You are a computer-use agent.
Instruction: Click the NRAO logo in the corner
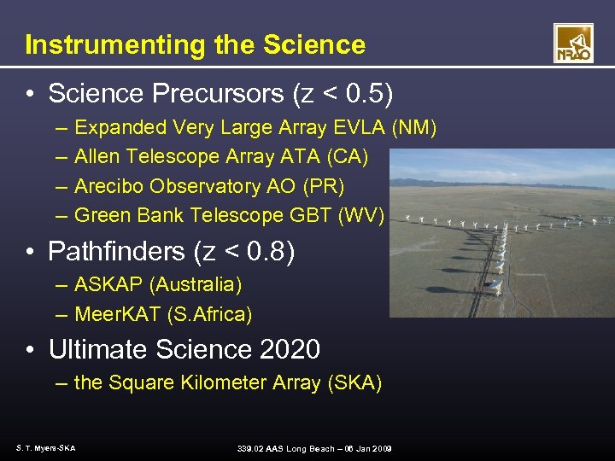click(x=572, y=43)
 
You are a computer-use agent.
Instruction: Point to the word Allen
click(x=97, y=157)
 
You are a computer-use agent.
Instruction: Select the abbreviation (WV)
click(x=362, y=215)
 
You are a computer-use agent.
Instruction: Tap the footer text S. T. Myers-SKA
click(x=45, y=448)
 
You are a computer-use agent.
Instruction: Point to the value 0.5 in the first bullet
click(x=362, y=93)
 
